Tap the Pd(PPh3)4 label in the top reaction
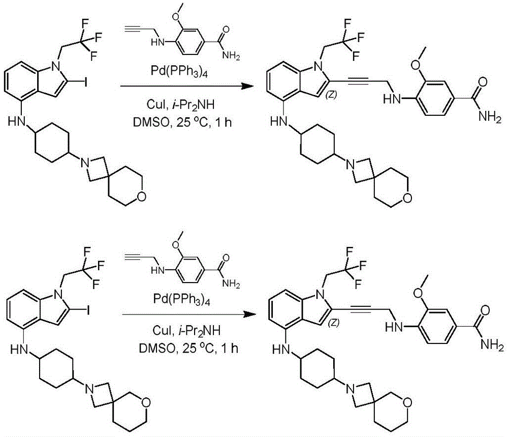pos(179,71)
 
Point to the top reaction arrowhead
pos(247,86)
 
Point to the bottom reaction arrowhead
pos(249,315)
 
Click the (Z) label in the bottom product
pos(333,323)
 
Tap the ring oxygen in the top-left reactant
pos(140,196)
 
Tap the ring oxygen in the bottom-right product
pos(408,402)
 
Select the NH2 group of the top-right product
pos(490,117)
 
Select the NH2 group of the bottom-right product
pos(492,345)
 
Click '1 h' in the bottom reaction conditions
pos(231,349)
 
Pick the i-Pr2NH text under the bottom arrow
pos(200,331)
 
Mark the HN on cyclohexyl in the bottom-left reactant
pos(18,350)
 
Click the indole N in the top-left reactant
pos(57,66)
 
